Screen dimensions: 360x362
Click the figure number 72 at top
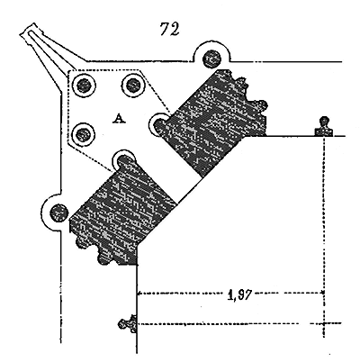click(170, 29)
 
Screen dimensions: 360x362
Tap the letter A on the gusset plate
click(119, 119)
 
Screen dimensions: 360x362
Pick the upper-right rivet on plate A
click(133, 86)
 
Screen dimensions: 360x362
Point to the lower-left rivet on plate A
click(83, 134)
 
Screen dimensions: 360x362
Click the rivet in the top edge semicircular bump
click(212, 59)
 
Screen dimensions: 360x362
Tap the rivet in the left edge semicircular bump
click(58, 213)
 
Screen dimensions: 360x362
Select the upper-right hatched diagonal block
click(215, 120)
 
